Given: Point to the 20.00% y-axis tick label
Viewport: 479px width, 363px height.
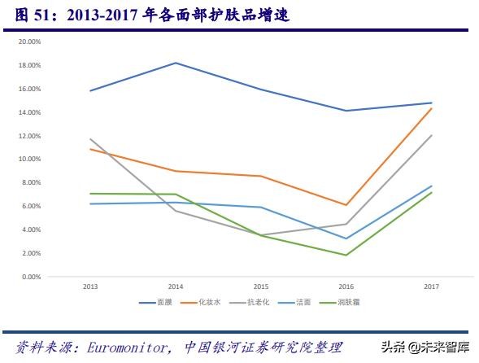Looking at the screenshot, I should pyautogui.click(x=29, y=41).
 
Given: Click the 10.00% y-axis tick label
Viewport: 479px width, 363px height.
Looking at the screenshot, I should pyautogui.click(x=29, y=159).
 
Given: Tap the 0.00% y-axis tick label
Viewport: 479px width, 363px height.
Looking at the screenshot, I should pyautogui.click(x=31, y=277).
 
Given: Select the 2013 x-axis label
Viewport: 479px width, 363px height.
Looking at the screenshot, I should pyautogui.click(x=89, y=286).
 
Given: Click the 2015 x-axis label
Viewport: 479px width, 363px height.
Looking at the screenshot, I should pyautogui.click(x=261, y=286).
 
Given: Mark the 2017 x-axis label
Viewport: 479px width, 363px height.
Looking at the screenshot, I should pyautogui.click(x=431, y=286).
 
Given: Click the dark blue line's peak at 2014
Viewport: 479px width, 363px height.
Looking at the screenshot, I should pyautogui.click(x=176, y=63).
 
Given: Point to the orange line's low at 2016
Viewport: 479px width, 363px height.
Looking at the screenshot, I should pyautogui.click(x=346, y=205).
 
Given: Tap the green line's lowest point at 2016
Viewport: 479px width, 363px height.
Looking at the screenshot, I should pyautogui.click(x=346, y=256).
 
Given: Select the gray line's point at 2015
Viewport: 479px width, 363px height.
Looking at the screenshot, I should pyautogui.click(x=261, y=235).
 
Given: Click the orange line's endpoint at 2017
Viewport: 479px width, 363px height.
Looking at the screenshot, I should pyautogui.click(x=431, y=108).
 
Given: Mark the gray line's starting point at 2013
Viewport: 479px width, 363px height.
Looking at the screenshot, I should pyautogui.click(x=89, y=139).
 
